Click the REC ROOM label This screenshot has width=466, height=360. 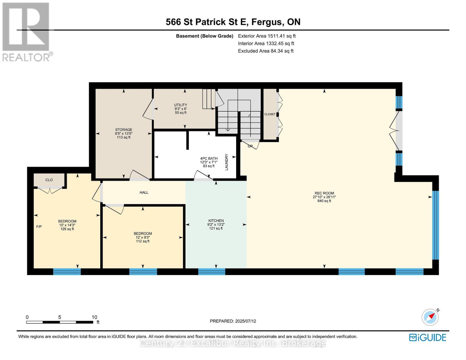tap(324, 193)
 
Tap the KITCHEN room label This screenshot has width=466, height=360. tap(216, 220)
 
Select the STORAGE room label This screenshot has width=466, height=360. tap(124, 130)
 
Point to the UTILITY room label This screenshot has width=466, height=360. tap(180, 105)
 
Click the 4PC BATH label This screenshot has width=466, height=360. tap(209, 158)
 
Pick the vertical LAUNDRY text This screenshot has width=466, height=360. tap(227, 162)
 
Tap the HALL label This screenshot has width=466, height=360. tap(144, 192)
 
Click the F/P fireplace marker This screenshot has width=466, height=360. tap(39, 226)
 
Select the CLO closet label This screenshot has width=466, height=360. tap(49, 180)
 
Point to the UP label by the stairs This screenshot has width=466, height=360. tap(250, 146)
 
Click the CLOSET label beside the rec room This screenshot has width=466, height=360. tap(270, 114)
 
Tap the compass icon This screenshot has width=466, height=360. tap(430, 317)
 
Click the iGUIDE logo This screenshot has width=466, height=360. tap(428, 337)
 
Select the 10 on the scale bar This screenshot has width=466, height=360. tap(94, 317)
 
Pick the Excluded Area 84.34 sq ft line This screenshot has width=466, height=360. tap(266, 51)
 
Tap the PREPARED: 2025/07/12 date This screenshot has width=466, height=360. tap(233, 321)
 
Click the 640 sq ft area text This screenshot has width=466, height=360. tap(324, 201)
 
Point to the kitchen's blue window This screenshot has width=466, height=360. tap(212, 272)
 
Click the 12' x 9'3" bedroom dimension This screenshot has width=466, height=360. tap(143, 237)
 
